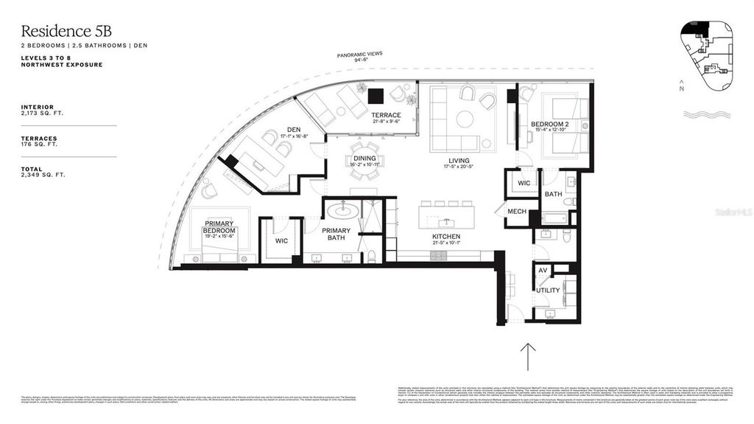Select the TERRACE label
pyautogui.click(x=386, y=115)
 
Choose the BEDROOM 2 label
pyautogui.click(x=550, y=124)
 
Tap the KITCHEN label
pyautogui.click(x=447, y=237)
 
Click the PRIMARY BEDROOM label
pyautogui.click(x=219, y=226)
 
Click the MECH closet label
pyautogui.click(x=518, y=212)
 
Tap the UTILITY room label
pyautogui.click(x=547, y=291)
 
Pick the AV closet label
pyautogui.click(x=542, y=271)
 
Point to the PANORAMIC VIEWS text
pyautogui.click(x=359, y=55)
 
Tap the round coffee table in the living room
pyautogui.click(x=464, y=119)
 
